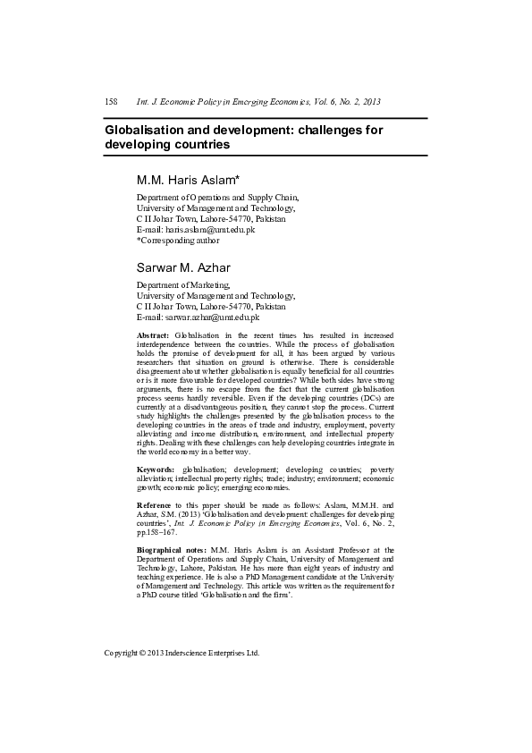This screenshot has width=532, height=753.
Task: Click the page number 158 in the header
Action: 112,102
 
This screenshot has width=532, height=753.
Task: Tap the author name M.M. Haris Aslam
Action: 185,180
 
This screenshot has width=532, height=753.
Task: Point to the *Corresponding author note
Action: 178,241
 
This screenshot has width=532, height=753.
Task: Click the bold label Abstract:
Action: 153,334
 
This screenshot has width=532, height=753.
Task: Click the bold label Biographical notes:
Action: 172,549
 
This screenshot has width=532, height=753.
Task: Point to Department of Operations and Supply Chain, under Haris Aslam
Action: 217,198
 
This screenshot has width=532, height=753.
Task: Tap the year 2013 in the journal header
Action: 369,102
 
